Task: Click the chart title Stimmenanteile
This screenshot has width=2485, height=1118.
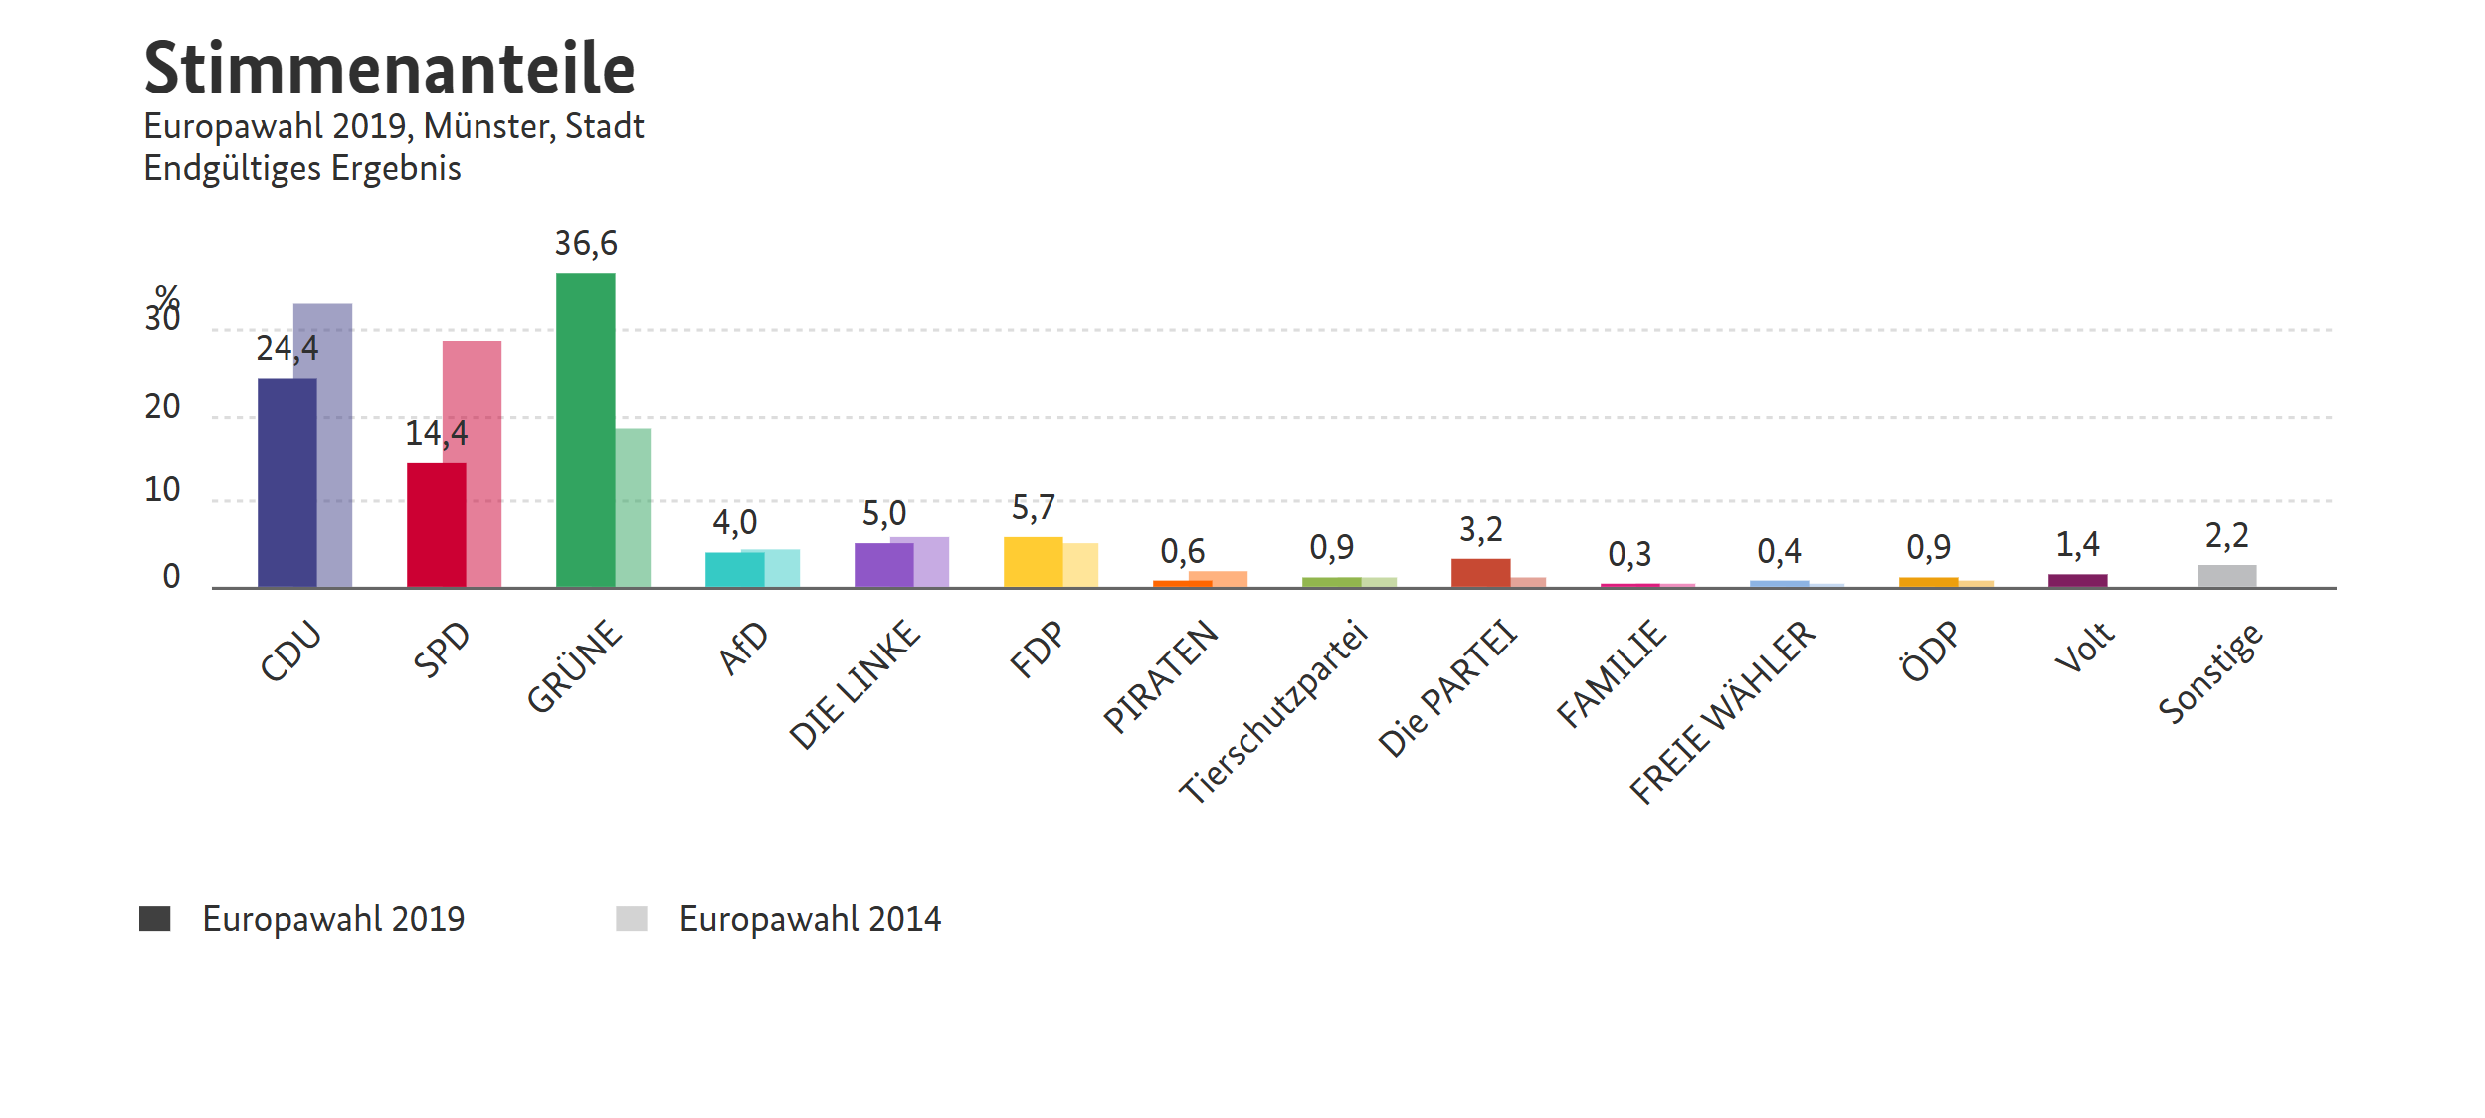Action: pos(389,68)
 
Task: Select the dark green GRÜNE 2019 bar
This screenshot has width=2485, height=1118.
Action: pos(585,430)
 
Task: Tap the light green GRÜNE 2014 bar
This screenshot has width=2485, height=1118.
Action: pos(633,507)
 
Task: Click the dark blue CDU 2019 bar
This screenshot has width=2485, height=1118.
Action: pos(287,482)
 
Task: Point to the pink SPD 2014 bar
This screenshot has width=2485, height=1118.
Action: pos(483,464)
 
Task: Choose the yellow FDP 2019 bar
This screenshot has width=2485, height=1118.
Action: pos(1033,562)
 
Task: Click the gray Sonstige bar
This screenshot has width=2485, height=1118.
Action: pos(2226,576)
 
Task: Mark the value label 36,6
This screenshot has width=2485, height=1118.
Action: pos(586,244)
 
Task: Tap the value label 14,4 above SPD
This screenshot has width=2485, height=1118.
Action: pos(436,434)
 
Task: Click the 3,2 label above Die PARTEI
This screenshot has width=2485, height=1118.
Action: pos(1481,530)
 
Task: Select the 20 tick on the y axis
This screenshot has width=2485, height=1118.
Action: pos(162,407)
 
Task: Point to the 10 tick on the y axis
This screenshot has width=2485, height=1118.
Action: pos(162,490)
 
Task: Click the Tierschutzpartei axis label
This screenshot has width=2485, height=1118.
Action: pos(1273,710)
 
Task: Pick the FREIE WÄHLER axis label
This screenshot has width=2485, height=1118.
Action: pos(1722,711)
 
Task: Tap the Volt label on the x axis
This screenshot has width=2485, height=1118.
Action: pos(2084,647)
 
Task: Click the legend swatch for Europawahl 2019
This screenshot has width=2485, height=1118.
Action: pos(155,919)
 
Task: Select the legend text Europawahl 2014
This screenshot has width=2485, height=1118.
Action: pos(810,919)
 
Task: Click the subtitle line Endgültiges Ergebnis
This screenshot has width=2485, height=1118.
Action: pos(302,169)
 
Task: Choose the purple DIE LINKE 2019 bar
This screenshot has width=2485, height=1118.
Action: pos(883,565)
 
